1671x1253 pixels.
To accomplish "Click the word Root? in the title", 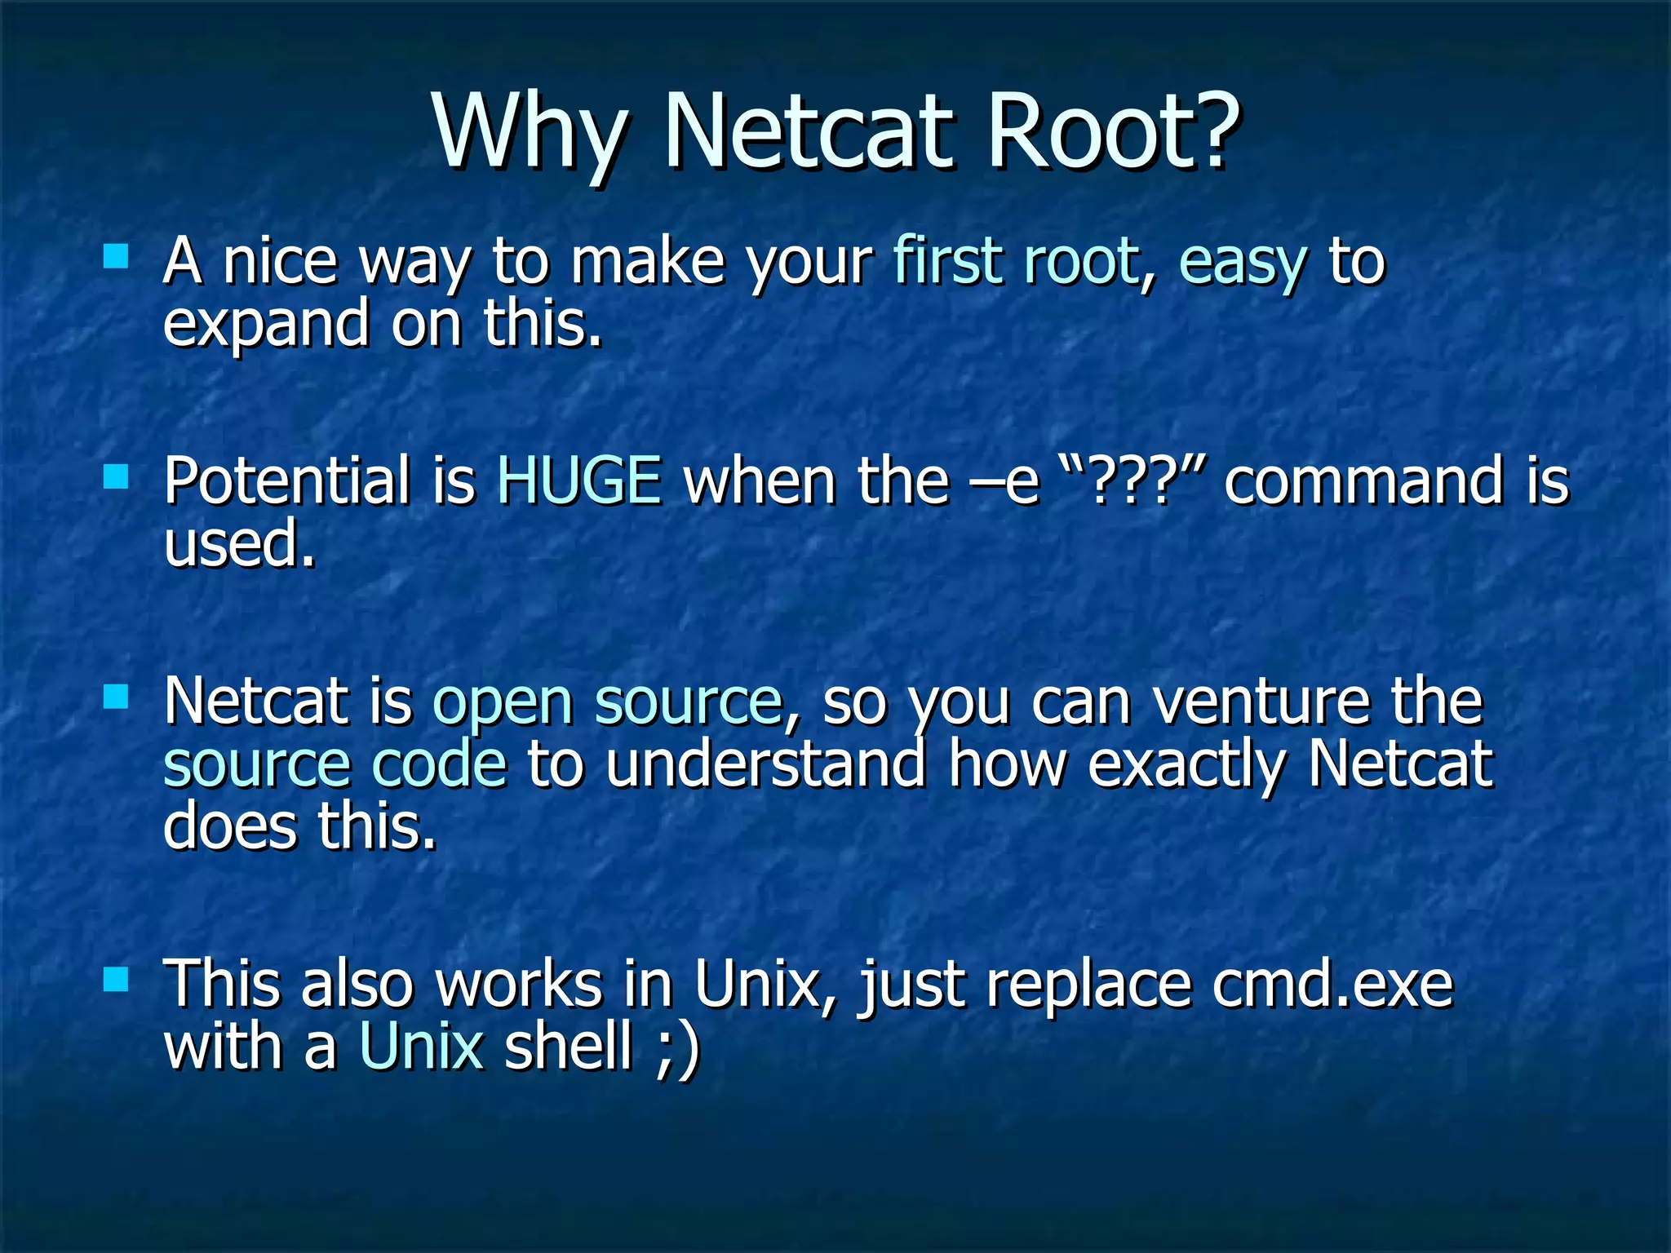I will [1114, 131].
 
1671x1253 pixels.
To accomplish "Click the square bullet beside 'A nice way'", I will [117, 257].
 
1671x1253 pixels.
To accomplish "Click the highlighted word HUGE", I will [579, 480].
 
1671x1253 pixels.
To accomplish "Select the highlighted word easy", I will [1243, 263].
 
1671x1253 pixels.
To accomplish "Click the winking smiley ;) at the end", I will [677, 1048].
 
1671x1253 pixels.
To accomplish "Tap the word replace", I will [1089, 985].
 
